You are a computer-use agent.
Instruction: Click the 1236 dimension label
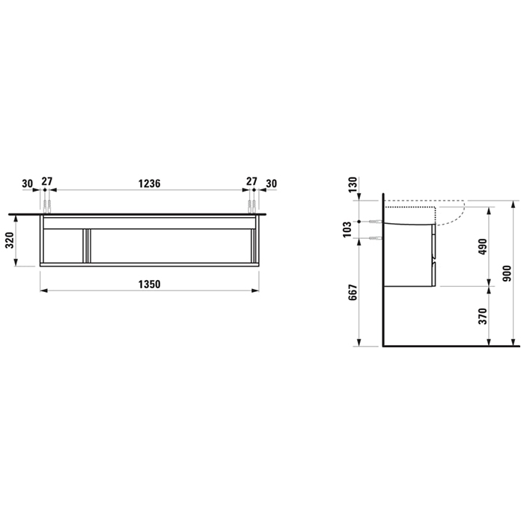[150, 183]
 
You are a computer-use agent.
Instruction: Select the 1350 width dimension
[150, 284]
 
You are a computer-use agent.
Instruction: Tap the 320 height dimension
[10, 240]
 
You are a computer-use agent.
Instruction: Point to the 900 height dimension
[507, 273]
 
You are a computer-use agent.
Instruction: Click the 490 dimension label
[483, 246]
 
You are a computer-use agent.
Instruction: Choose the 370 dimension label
[483, 316]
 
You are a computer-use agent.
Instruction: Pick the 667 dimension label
[353, 293]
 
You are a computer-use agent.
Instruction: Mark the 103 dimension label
[347, 229]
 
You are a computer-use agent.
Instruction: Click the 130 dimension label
[353, 185]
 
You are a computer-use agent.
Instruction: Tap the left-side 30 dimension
[28, 183]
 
